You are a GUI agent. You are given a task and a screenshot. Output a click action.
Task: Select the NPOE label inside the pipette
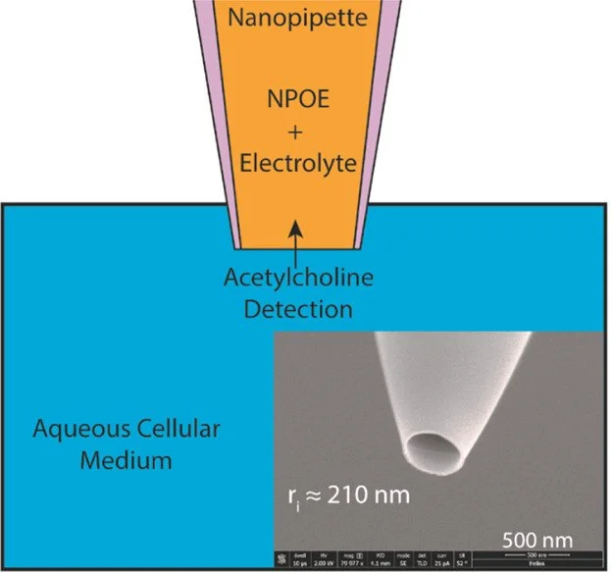[300, 99]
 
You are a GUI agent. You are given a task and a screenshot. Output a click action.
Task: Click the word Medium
[115, 458]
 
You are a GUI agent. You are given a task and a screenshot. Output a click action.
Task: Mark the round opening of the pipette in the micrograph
[429, 452]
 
